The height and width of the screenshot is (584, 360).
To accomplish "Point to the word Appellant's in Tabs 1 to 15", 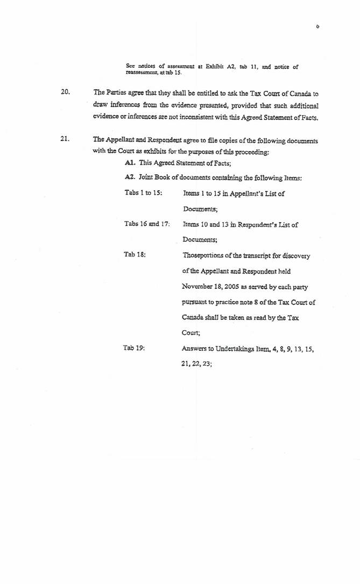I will pos(245,193).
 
